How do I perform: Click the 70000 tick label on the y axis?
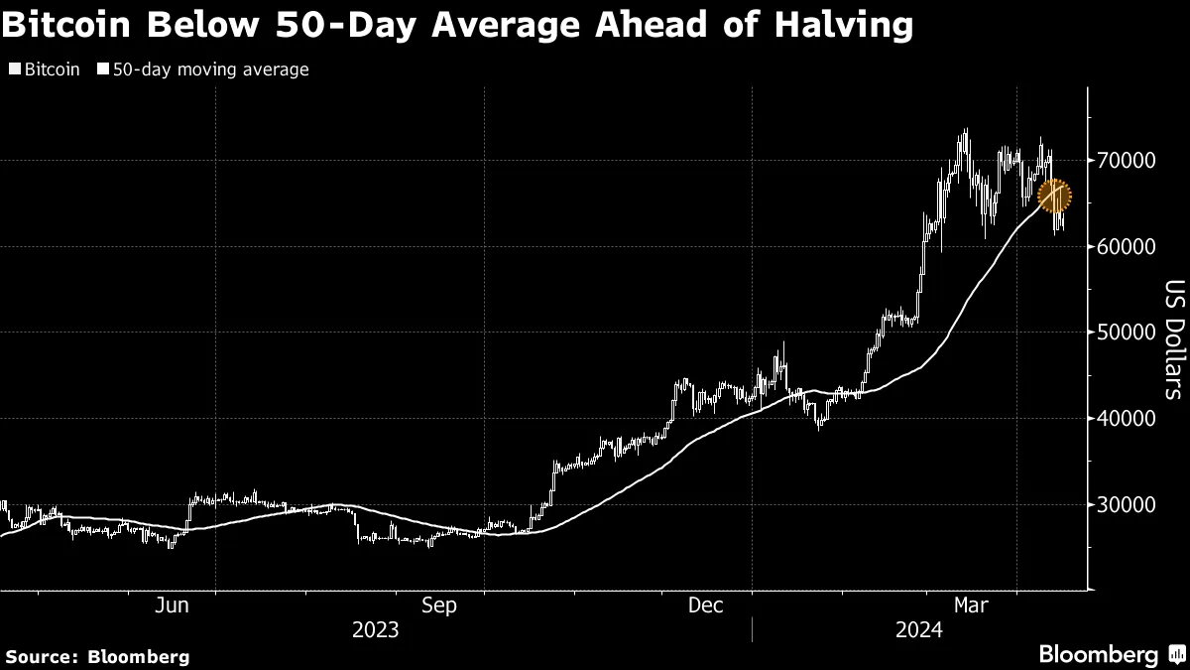coord(1127,160)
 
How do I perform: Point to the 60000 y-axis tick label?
coord(1127,246)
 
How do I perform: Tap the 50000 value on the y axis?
coord(1127,333)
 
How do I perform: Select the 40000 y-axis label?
coord(1127,418)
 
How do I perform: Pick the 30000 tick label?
coord(1127,504)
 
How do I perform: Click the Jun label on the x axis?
coord(174,604)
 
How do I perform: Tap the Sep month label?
coord(438,604)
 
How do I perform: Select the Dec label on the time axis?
coord(705,604)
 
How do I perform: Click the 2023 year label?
coord(375,629)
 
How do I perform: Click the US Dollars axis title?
coord(1172,337)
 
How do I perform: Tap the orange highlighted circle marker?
coord(1055,196)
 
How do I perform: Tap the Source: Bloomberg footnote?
coord(97,656)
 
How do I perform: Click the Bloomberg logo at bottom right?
coord(1109,654)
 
